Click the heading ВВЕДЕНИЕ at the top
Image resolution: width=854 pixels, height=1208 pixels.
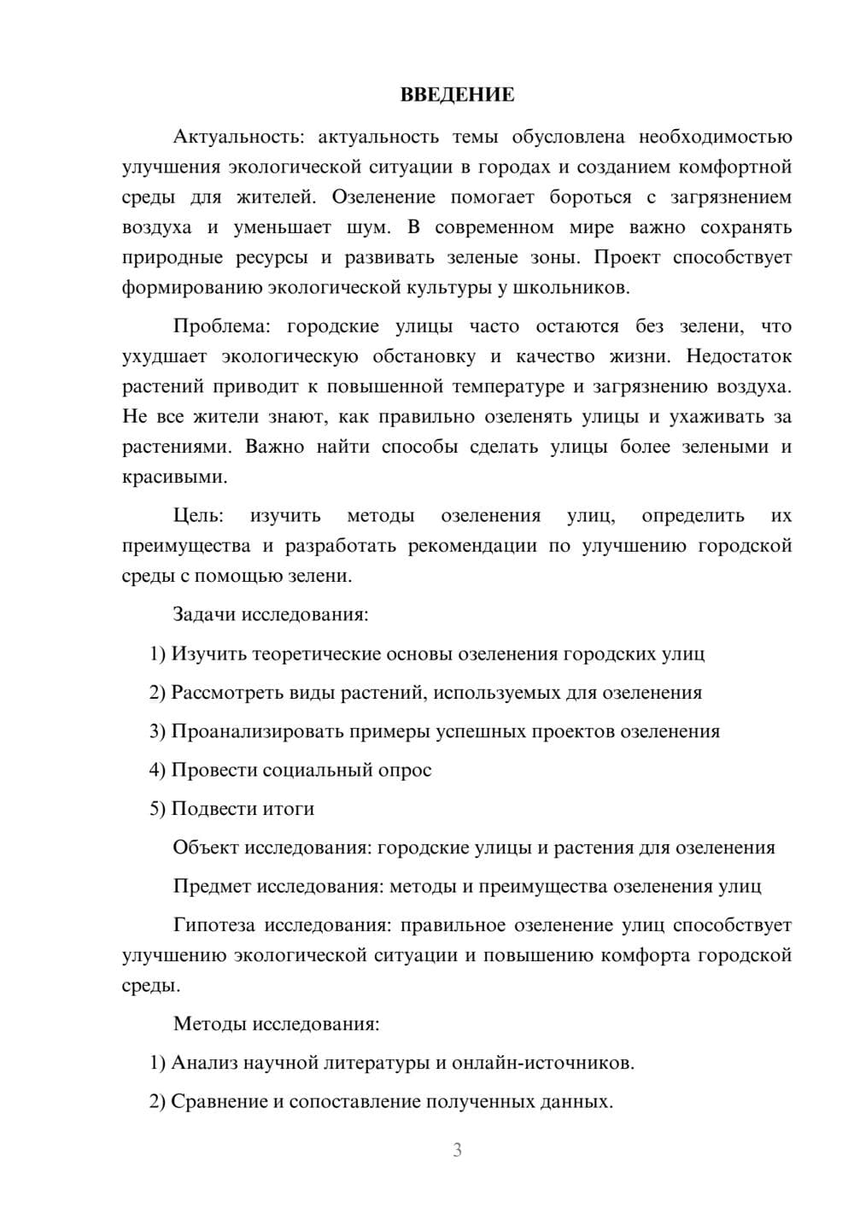(x=457, y=95)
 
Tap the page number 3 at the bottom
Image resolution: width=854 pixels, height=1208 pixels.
(x=457, y=1150)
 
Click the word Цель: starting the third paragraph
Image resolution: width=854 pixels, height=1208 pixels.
(x=198, y=515)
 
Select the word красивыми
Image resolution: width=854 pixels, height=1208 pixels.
(x=174, y=477)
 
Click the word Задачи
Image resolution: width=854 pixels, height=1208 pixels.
(x=204, y=614)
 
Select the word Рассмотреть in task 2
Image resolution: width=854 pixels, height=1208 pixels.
(x=227, y=692)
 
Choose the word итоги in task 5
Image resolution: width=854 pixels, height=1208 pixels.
(x=287, y=808)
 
